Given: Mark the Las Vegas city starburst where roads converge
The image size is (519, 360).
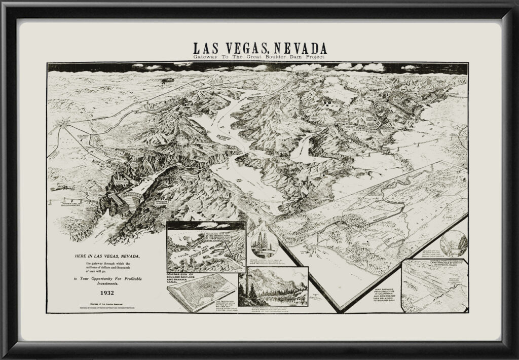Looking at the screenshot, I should pos(62,122).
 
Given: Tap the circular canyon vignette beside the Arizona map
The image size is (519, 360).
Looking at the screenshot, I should pos(454,242).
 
